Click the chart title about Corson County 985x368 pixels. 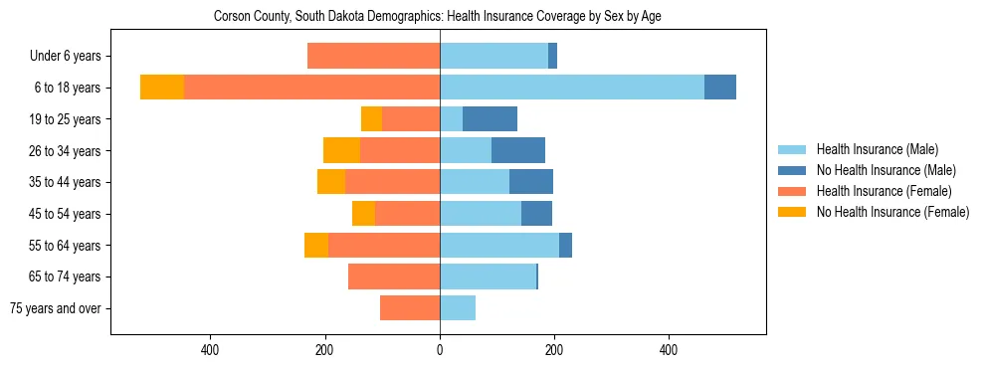438,17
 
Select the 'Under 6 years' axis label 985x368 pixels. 72,57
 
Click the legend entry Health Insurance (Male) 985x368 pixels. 877,149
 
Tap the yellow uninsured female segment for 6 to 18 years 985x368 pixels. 162,88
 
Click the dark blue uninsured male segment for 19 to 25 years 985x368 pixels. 490,119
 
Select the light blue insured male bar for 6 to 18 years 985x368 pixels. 572,88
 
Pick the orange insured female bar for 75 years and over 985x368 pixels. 410,308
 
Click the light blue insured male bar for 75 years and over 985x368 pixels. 458,308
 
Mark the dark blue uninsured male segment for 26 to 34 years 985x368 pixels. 518,151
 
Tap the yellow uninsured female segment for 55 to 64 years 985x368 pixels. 316,246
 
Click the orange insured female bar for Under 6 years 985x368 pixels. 373,57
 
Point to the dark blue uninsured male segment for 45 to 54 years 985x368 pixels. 536,214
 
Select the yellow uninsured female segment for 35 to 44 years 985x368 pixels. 331,182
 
